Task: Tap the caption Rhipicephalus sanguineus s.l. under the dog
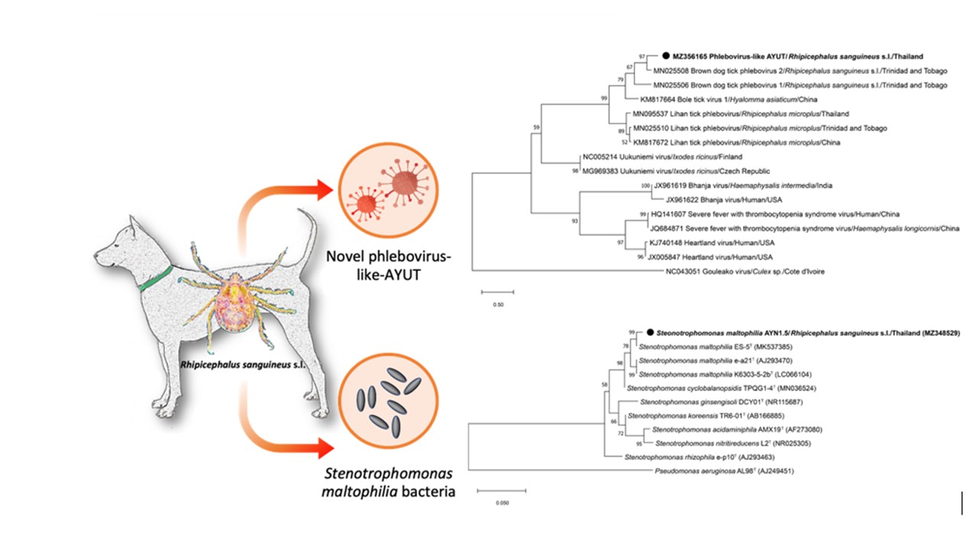[x=242, y=365]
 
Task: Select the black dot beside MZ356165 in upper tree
[x=666, y=56]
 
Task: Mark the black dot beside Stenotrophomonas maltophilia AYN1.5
[x=650, y=333]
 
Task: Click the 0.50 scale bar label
[x=497, y=303]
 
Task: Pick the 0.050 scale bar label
[x=501, y=503]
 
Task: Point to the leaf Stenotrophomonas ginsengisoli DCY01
[x=702, y=402]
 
